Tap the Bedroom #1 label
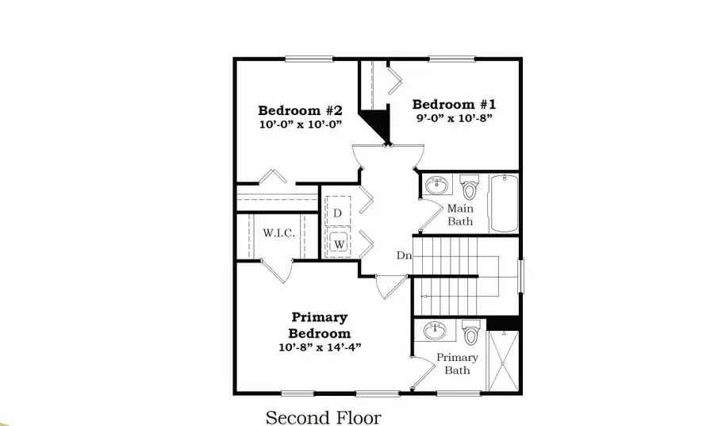tap(455, 104)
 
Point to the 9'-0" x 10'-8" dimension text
tap(455, 119)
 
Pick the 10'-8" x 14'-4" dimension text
tap(321, 347)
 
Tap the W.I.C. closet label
tap(278, 233)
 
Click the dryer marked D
tap(338, 213)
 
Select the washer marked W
tap(339, 244)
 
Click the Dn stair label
tap(404, 255)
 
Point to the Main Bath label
tap(460, 215)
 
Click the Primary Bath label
tap(458, 363)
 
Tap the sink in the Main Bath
tap(436, 186)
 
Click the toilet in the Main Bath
tap(469, 188)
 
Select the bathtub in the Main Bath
tap(504, 203)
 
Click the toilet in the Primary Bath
tap(470, 333)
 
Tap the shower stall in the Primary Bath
tap(502, 362)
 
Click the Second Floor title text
tap(323, 417)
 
